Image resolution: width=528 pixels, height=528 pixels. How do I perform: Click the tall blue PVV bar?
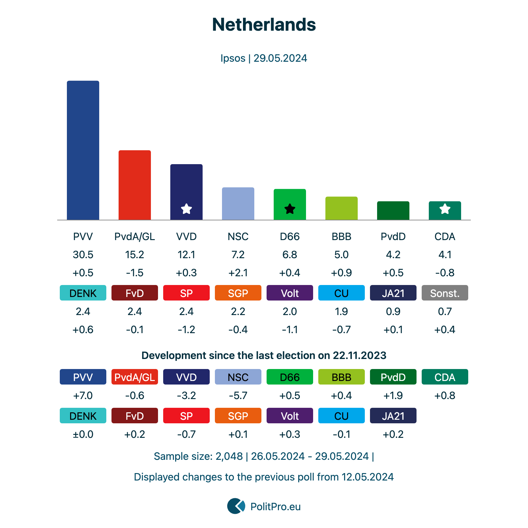pyautogui.click(x=83, y=150)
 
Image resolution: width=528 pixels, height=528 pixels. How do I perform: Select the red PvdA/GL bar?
pyautogui.click(x=135, y=185)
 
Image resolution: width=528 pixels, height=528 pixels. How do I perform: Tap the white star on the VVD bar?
pyautogui.click(x=186, y=209)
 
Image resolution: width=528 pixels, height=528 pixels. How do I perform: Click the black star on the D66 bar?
pyautogui.click(x=290, y=209)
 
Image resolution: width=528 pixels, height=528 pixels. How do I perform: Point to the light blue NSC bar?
pyautogui.click(x=238, y=204)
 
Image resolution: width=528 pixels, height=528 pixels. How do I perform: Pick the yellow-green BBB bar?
pyautogui.click(x=342, y=208)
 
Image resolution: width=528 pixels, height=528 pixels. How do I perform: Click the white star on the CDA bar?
pyautogui.click(x=445, y=209)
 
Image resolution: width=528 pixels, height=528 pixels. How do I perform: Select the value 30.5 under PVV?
pyautogui.click(x=83, y=255)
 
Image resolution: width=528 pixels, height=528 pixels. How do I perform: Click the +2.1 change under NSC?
pyautogui.click(x=238, y=273)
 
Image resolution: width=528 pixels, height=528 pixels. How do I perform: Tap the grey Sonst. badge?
pyautogui.click(x=445, y=293)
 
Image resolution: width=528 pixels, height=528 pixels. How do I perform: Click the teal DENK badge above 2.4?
pyautogui.click(x=83, y=293)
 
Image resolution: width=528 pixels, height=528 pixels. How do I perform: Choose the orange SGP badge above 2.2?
pyautogui.click(x=238, y=293)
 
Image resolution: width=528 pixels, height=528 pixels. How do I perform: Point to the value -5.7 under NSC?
pyautogui.click(x=238, y=396)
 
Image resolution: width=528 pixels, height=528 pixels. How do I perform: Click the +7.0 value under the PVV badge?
pyautogui.click(x=83, y=396)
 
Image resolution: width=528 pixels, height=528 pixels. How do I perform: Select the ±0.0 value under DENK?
pyautogui.click(x=83, y=434)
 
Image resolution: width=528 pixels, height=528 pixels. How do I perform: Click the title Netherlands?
pyautogui.click(x=264, y=25)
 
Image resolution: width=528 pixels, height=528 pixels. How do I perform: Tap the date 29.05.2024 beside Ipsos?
pyautogui.click(x=280, y=58)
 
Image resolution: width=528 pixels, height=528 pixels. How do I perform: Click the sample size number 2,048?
pyautogui.click(x=229, y=456)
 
